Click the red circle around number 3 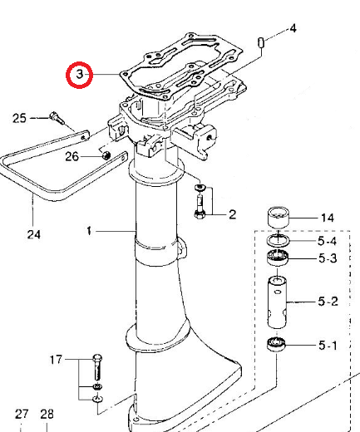(80, 76)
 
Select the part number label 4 (292, 29)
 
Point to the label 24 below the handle (33, 234)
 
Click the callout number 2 (232, 214)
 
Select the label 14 (328, 218)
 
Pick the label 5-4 (328, 242)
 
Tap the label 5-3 (328, 258)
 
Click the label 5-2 (328, 301)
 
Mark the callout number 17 (57, 360)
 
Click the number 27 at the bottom (22, 414)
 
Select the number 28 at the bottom (47, 414)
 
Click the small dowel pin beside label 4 (261, 41)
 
